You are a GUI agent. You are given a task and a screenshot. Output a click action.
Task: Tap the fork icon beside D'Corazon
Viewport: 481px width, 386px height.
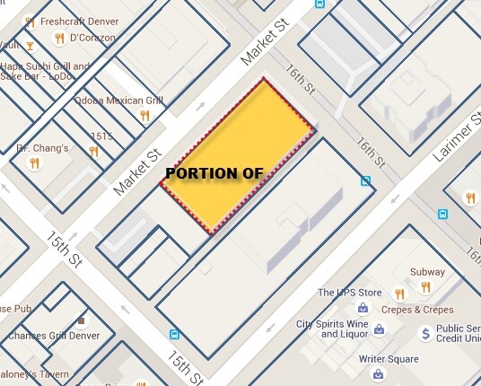tap(59, 39)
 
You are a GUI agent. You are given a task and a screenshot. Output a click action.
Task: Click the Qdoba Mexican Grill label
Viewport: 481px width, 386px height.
tap(110, 101)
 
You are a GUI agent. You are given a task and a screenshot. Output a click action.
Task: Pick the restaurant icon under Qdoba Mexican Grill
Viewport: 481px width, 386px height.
tap(144, 115)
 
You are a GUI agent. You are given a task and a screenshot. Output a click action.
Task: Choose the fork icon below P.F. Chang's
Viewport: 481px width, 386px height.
tap(35, 163)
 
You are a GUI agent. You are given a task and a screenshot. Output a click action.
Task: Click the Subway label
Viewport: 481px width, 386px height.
tap(427, 272)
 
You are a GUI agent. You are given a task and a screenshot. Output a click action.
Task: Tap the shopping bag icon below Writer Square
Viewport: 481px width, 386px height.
tap(379, 374)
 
